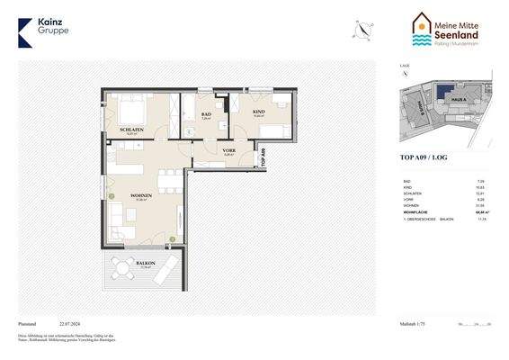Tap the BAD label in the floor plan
pos(206,114)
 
